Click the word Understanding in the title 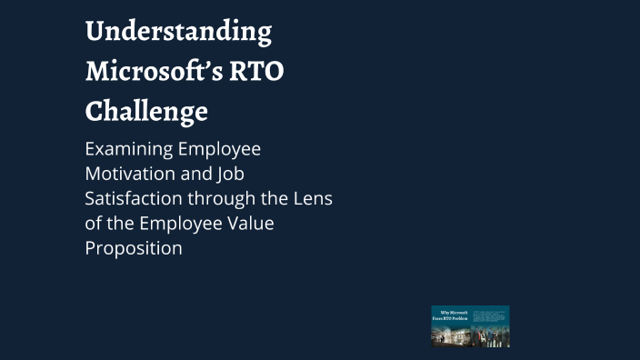178,33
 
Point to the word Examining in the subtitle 129,149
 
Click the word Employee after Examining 219,149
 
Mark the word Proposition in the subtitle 134,247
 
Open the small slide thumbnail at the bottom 470,326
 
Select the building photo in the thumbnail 450,335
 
